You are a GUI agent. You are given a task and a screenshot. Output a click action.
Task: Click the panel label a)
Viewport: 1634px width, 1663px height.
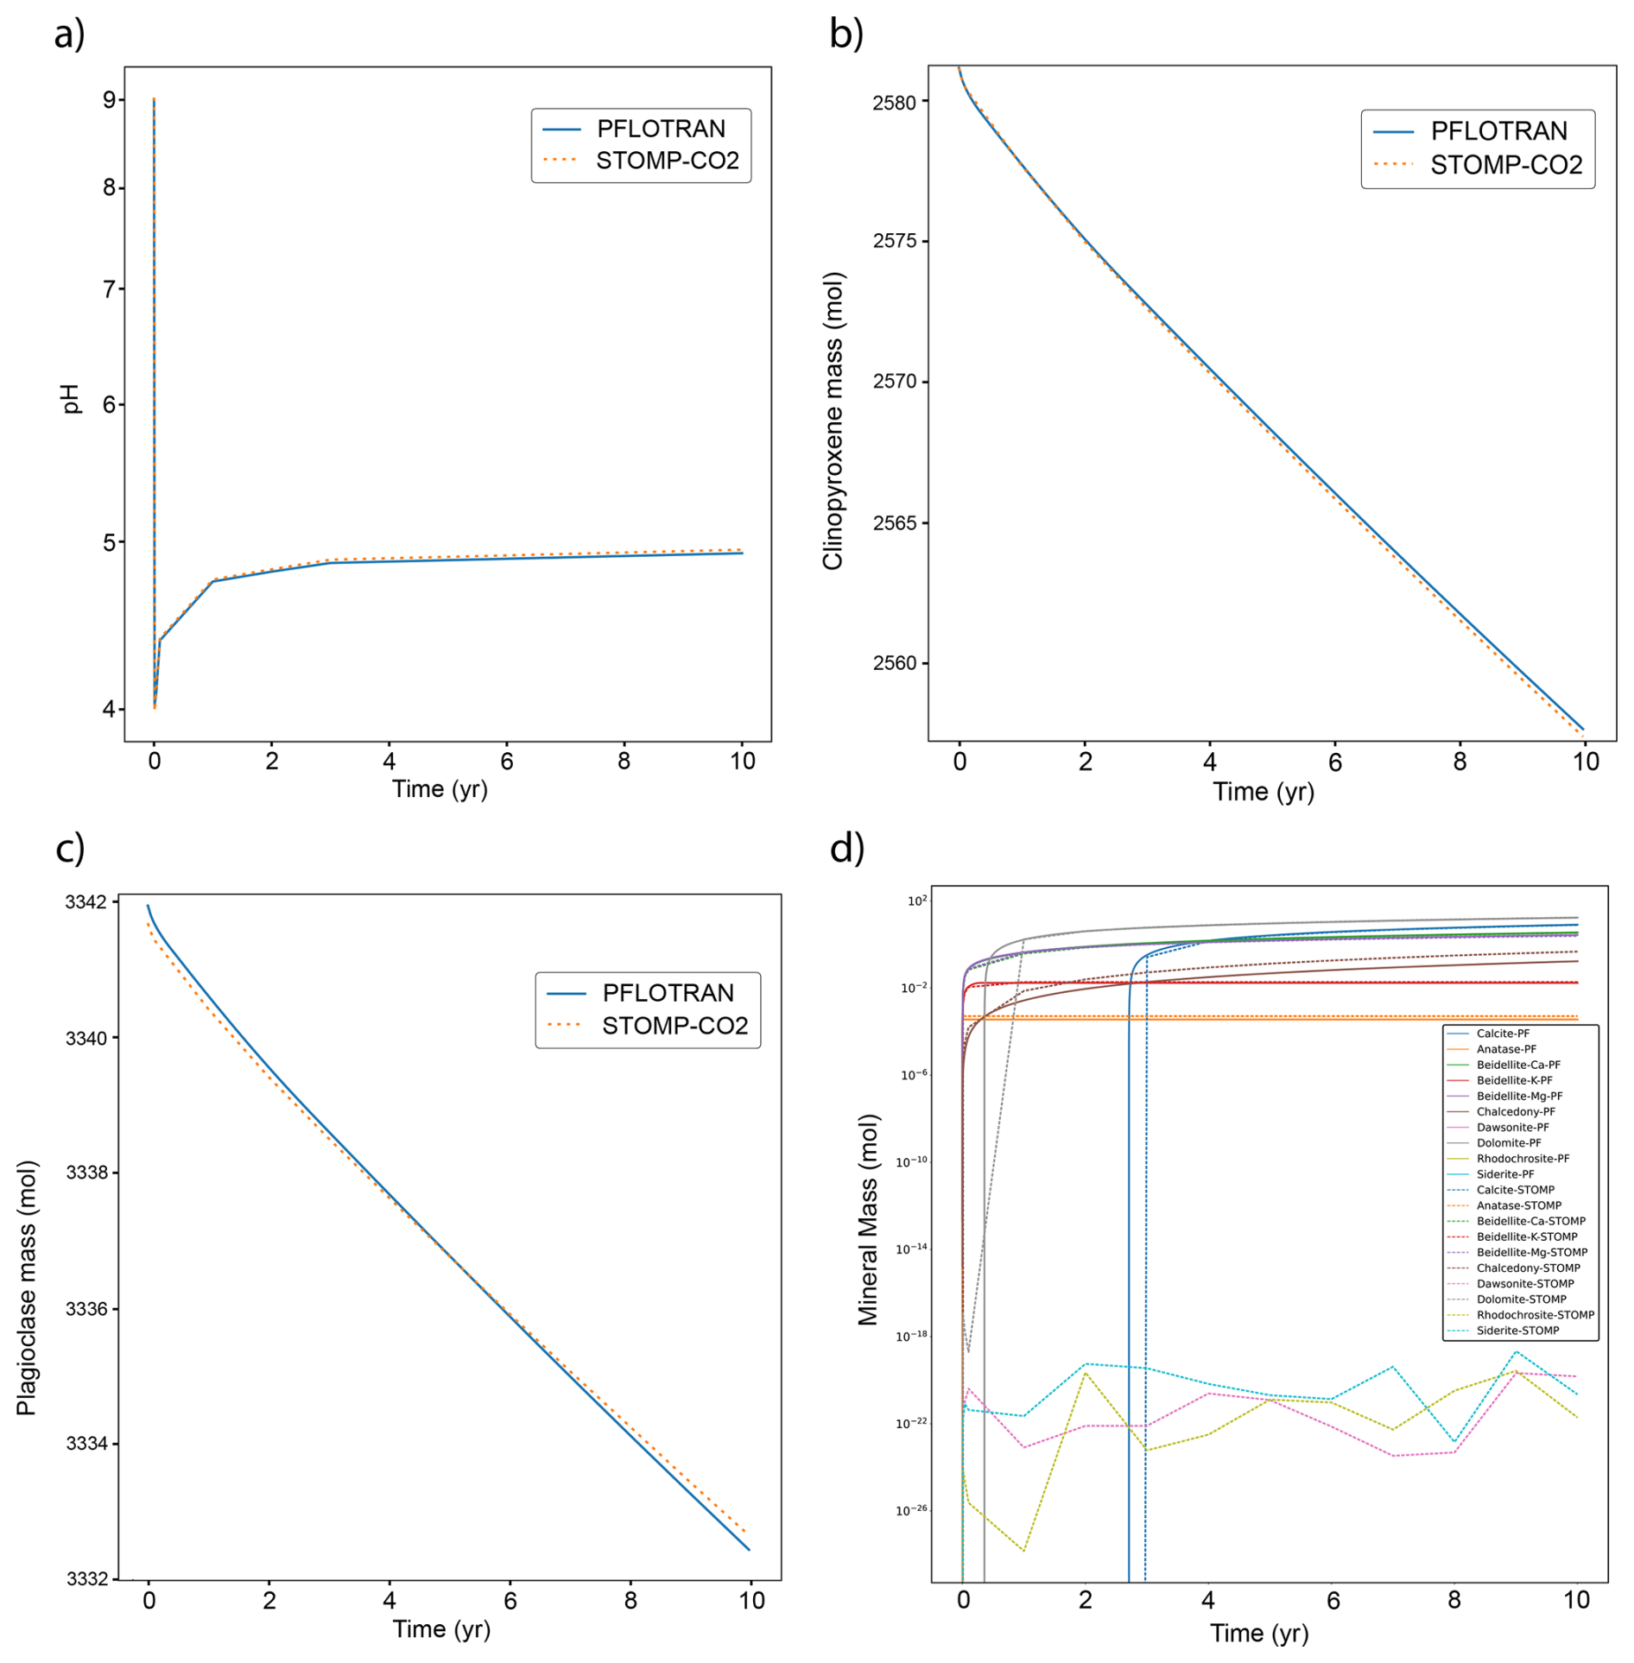pos(69,35)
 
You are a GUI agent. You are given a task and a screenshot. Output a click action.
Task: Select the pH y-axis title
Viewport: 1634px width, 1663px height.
pos(71,399)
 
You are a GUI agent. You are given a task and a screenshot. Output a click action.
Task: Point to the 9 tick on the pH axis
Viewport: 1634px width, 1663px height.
pos(110,100)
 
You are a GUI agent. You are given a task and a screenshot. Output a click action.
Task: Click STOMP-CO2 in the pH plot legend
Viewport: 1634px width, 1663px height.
pos(667,161)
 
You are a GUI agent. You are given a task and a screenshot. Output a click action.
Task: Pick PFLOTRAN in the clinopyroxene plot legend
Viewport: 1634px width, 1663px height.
pos(1498,131)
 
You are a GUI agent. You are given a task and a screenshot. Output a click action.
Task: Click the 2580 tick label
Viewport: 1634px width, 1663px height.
pos(894,103)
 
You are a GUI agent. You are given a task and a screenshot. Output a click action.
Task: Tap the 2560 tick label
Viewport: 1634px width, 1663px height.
pos(894,663)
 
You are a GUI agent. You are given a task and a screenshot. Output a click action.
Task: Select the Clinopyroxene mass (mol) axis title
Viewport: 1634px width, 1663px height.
pos(833,421)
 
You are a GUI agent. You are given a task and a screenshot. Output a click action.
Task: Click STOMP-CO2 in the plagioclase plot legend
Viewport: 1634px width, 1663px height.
pos(674,1026)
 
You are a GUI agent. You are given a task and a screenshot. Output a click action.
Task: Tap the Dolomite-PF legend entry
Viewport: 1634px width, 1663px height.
pos(1508,1143)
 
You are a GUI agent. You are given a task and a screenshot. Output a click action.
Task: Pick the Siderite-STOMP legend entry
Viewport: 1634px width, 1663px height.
pos(1517,1331)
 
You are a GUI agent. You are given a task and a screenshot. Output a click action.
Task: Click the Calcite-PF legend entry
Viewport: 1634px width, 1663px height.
pos(1503,1034)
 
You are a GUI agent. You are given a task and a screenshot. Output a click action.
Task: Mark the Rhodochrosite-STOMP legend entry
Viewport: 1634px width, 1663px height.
pos(1535,1315)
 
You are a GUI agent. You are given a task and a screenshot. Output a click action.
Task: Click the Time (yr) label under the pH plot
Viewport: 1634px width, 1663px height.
pos(440,789)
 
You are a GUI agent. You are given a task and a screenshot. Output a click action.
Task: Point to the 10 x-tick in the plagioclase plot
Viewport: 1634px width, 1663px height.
pos(751,1600)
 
